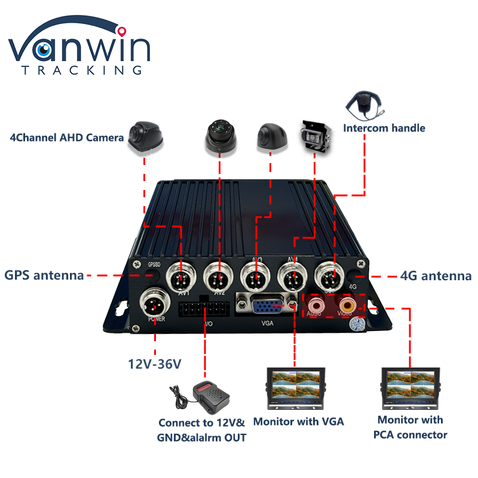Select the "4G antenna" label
coord(436,275)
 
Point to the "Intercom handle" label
coord(384,128)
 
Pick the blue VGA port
coord(262,306)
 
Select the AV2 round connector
coord(217,277)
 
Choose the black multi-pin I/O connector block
coord(204,311)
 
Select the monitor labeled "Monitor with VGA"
coord(295,388)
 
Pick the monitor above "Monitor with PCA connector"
coord(410,388)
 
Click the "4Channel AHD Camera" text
coord(67,137)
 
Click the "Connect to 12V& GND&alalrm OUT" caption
coord(202,430)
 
